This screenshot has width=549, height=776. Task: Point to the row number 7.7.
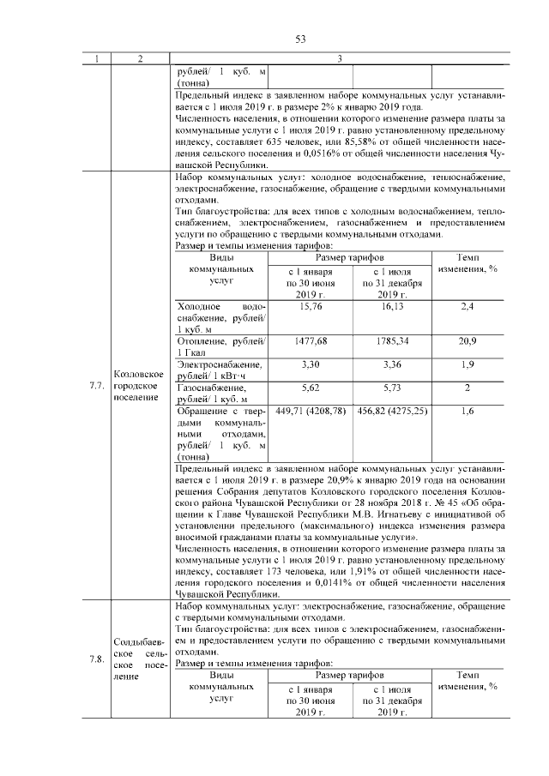(x=96, y=385)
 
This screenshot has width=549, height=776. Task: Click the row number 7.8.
(x=96, y=659)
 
